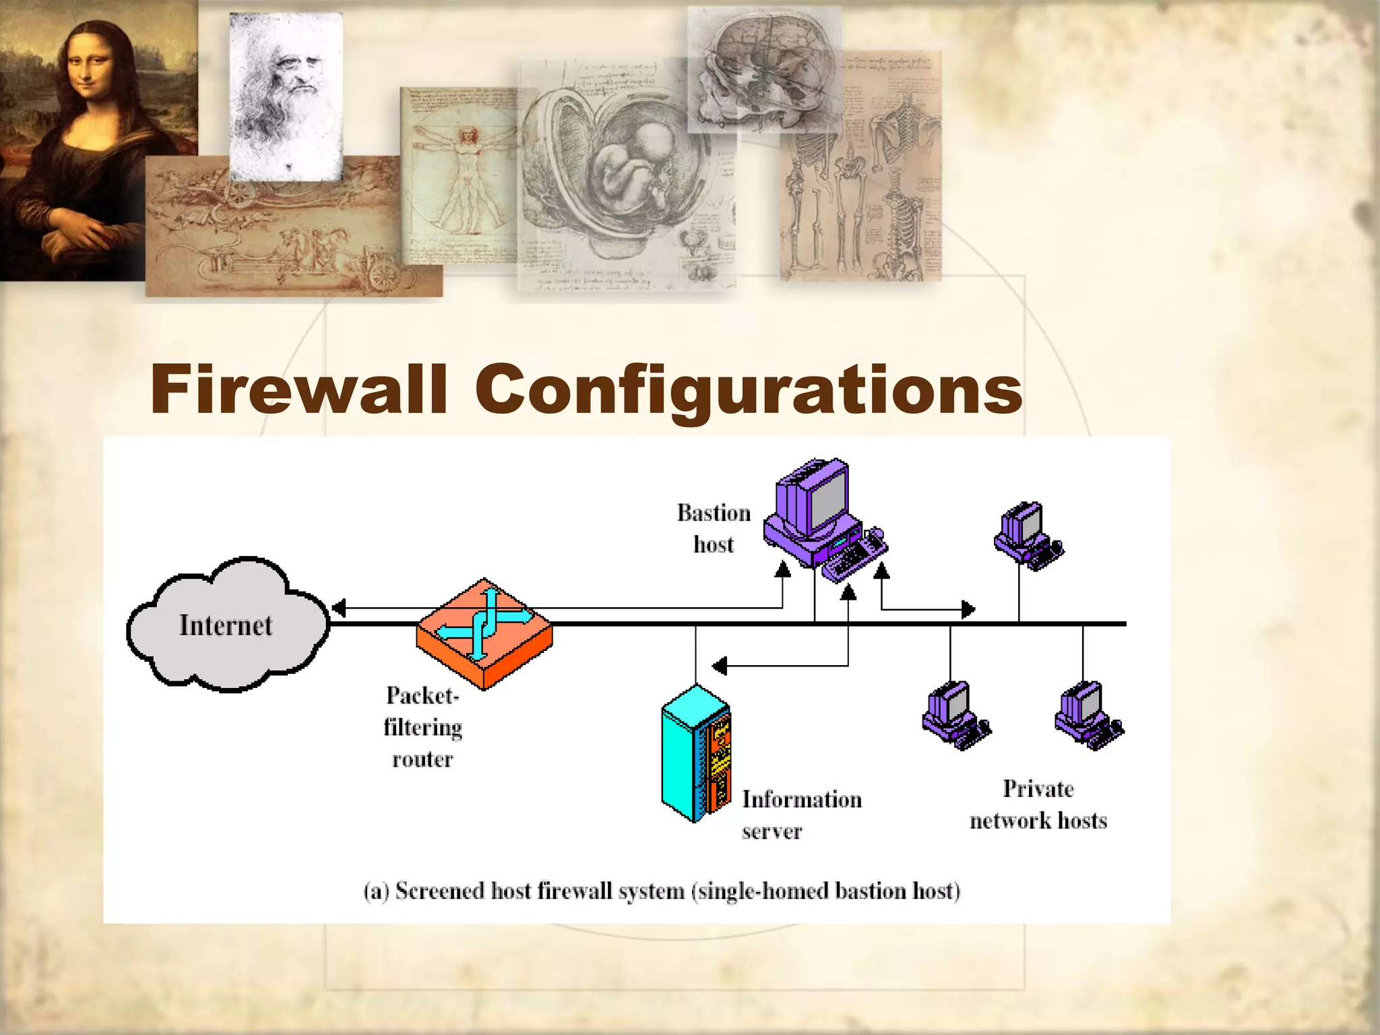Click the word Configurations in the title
pyautogui.click(x=749, y=391)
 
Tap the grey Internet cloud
pyautogui.click(x=226, y=625)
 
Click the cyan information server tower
pyautogui.click(x=696, y=753)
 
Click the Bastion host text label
pyautogui.click(x=714, y=528)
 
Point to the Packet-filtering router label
pyautogui.click(x=422, y=726)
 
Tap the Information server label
pyautogui.click(x=801, y=814)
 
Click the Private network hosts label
pyautogui.click(x=1038, y=805)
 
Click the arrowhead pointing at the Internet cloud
pyautogui.click(x=339, y=608)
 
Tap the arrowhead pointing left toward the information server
pyautogui.click(x=720, y=666)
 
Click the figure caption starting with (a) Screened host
pyautogui.click(x=662, y=891)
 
